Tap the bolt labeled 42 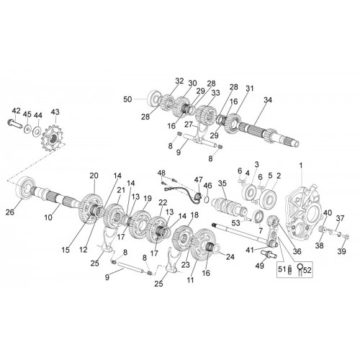pos(14,124)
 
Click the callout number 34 pos(268,99)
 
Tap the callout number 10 pos(48,217)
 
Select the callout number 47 pos(199,179)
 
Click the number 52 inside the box pos(307,270)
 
